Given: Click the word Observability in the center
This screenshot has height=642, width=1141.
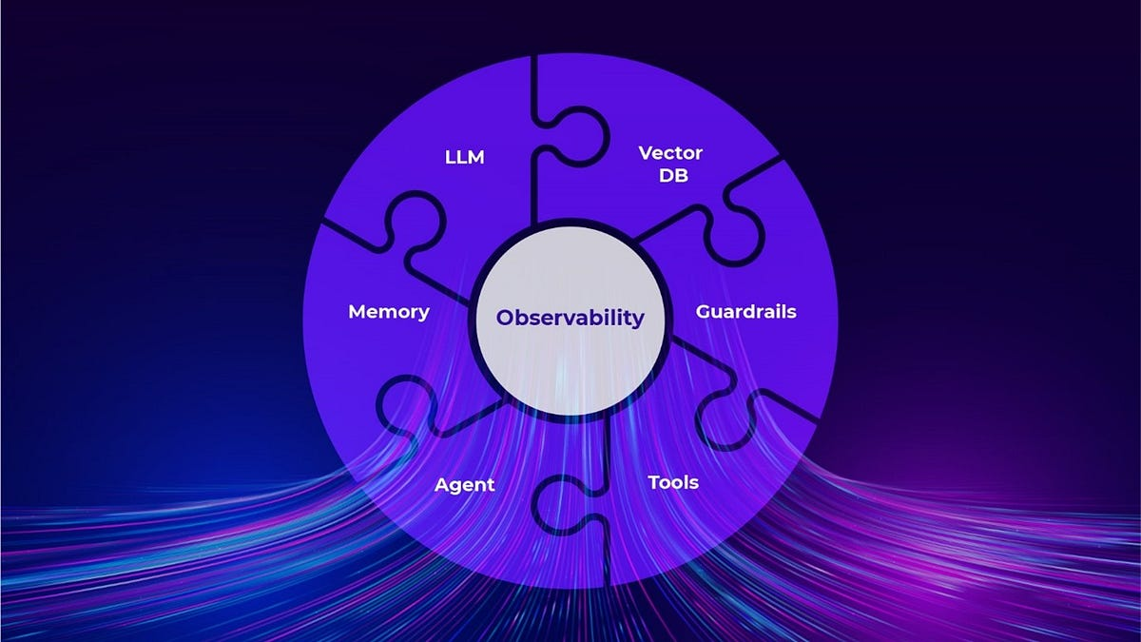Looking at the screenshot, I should (570, 318).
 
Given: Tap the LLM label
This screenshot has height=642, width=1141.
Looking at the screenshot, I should (465, 157).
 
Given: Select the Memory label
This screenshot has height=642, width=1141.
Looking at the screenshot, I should (389, 312).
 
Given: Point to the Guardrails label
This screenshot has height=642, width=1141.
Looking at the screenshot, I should (745, 311).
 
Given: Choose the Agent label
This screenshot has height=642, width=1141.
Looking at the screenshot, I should (464, 484).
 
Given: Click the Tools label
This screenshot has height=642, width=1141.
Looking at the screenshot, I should (673, 482).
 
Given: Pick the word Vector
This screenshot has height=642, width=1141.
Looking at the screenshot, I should (670, 152).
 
